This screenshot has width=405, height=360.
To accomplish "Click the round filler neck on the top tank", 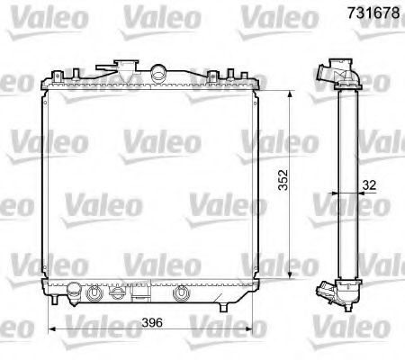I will [x=159, y=72].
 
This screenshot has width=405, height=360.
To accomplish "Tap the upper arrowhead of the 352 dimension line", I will [x=288, y=93].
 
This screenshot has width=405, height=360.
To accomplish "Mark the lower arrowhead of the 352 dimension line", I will [x=288, y=275].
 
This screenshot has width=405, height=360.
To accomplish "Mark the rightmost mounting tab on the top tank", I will [x=254, y=77].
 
